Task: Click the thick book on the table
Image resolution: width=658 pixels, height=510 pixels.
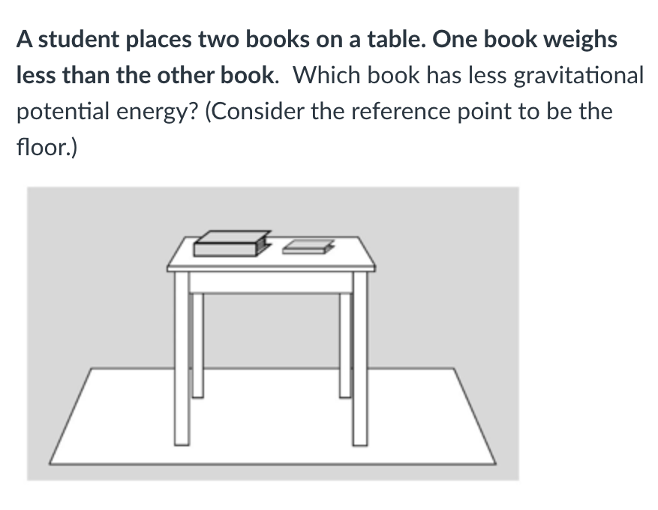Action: click(232, 244)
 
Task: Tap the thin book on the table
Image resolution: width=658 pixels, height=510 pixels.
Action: click(308, 247)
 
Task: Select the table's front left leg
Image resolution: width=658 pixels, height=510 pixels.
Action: click(182, 358)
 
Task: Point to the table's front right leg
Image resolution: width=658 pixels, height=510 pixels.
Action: click(360, 358)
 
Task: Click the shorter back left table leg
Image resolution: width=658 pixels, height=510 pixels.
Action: click(197, 345)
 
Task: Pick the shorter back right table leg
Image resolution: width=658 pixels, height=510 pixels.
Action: click(345, 345)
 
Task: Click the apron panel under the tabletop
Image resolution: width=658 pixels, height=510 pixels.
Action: click(271, 283)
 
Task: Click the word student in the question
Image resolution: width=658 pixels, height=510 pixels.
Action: click(79, 40)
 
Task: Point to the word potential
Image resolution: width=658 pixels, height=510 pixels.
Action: click(62, 112)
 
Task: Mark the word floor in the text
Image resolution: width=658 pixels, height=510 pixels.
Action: click(44, 147)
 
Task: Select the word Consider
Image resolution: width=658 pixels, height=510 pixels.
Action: click(257, 112)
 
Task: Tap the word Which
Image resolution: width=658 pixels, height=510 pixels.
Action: click(326, 76)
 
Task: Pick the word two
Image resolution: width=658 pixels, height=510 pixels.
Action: click(218, 40)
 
